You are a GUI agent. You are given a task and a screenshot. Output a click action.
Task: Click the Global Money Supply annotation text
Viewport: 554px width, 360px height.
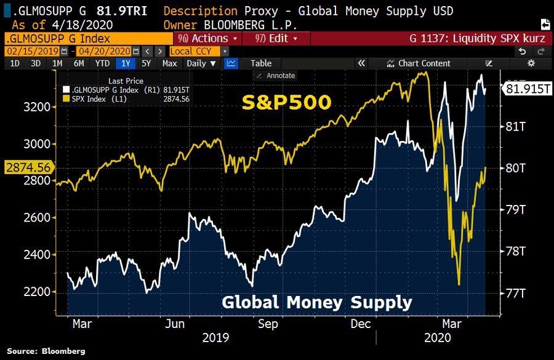pos(316,302)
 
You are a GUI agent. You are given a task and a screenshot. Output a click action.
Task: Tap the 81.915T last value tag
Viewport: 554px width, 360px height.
pos(527,89)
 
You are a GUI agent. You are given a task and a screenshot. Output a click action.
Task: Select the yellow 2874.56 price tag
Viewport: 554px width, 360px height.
pos(26,167)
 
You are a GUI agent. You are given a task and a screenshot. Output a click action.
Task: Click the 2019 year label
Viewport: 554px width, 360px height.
pos(215,337)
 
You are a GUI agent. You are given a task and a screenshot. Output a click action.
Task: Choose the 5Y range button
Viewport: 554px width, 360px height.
pos(146,63)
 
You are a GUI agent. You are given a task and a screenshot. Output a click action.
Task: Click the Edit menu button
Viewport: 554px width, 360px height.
pos(276,38)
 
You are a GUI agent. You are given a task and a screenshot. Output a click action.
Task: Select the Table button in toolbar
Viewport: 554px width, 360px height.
pos(261,63)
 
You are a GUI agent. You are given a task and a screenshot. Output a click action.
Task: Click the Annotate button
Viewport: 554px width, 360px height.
pos(276,75)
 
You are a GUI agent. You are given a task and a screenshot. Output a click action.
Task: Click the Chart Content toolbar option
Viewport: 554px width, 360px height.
pos(419,63)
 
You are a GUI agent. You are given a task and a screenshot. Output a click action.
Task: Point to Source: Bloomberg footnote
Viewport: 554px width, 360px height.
pos(46,351)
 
